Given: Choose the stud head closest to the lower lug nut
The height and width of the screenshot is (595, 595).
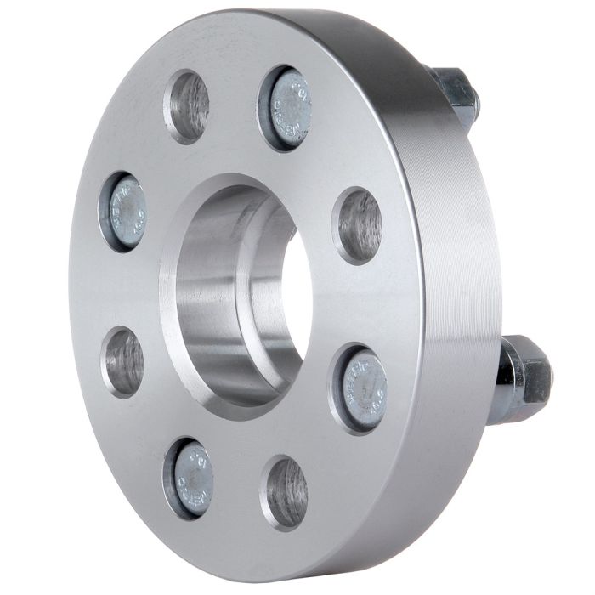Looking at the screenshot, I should click(365, 389).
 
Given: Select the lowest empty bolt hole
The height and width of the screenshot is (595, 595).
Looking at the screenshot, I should click(286, 494).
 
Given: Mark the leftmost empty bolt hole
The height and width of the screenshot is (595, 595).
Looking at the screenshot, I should click(124, 361).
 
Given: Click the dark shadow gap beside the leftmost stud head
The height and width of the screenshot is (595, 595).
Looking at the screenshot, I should click(107, 212).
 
